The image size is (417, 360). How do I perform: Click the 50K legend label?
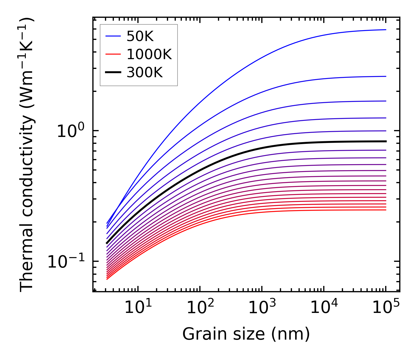tap(140, 36)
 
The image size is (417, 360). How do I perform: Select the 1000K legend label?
tap(149, 55)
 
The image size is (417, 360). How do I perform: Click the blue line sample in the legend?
tap(114, 36)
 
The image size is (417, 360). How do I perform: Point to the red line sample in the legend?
tap(114, 54)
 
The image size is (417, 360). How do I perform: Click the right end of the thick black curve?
tap(386, 141)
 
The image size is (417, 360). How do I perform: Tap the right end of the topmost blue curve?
tap(386, 30)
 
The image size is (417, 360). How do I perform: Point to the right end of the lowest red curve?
tap(386, 210)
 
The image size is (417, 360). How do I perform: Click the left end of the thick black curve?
tap(107, 243)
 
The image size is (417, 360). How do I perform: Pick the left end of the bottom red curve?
tap(107, 279)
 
